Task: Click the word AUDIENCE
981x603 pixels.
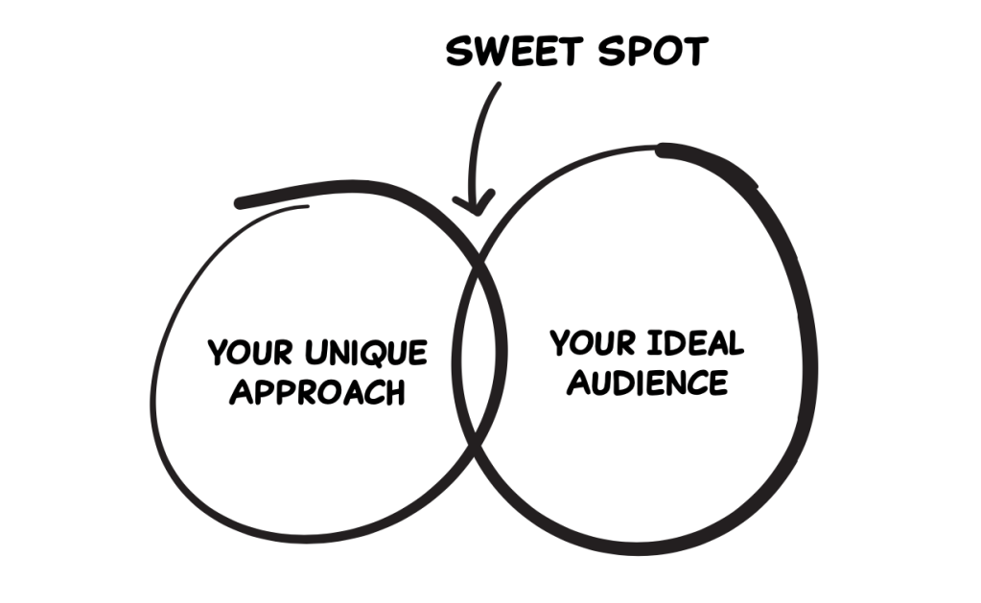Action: click(647, 383)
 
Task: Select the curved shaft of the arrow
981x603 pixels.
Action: click(479, 134)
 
